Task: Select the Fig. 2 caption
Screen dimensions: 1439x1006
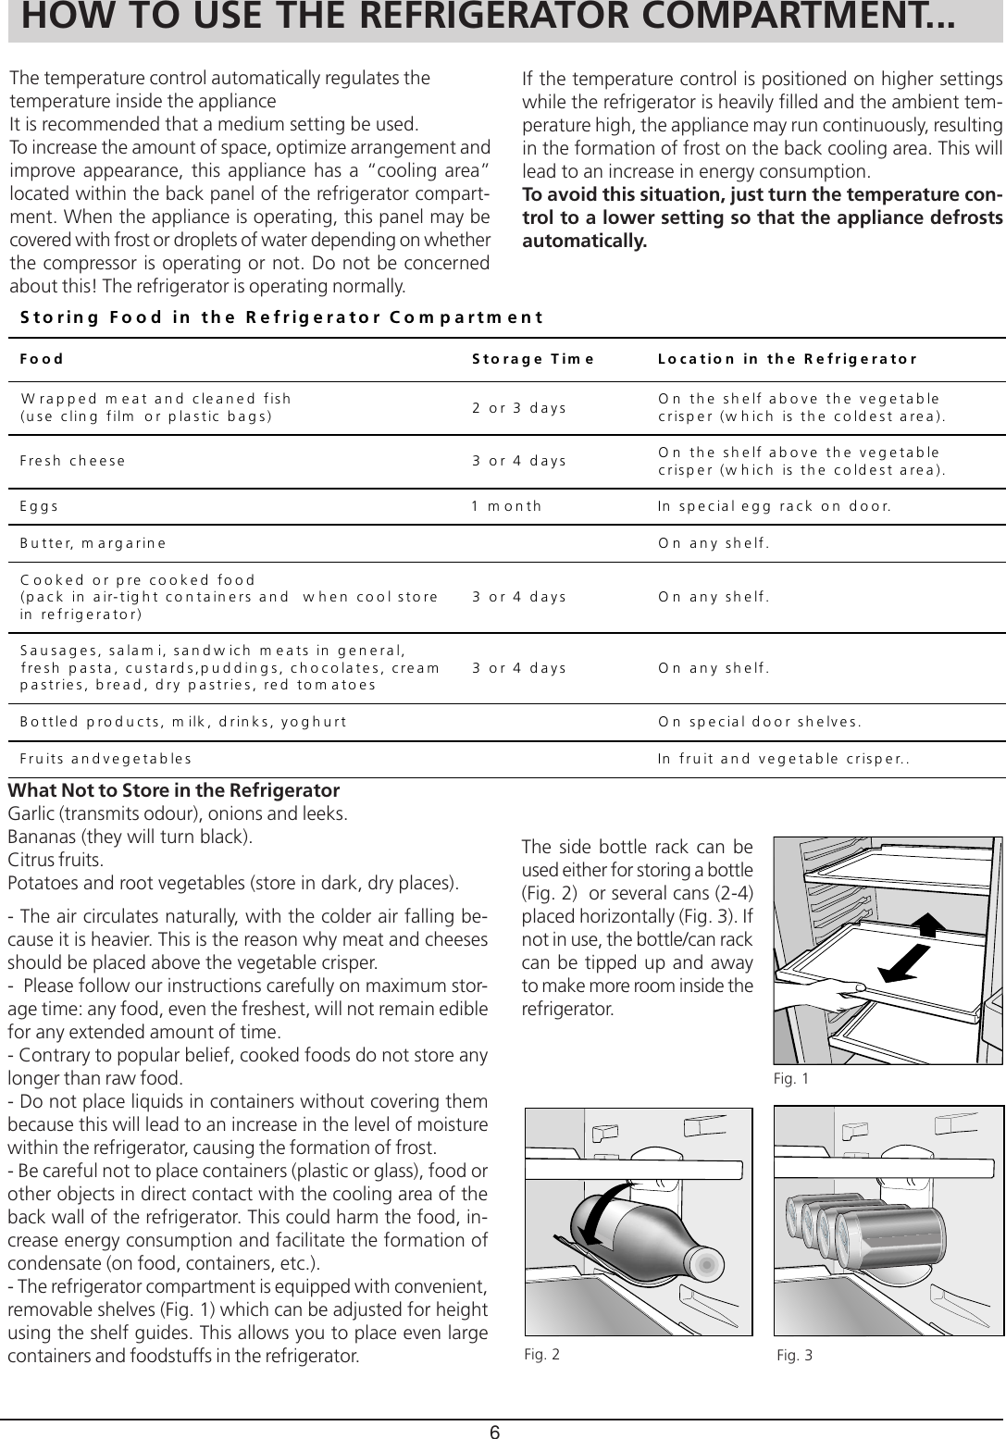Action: (x=541, y=1354)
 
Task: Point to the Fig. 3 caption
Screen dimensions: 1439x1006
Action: (x=795, y=1356)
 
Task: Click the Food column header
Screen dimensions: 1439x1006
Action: (x=43, y=359)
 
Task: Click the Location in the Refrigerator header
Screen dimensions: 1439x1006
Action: (x=787, y=359)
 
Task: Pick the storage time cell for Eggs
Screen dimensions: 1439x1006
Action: (x=506, y=506)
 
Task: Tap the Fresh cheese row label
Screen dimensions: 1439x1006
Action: (x=73, y=460)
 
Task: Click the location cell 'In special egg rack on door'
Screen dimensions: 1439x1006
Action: (x=774, y=506)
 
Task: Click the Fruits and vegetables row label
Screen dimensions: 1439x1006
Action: (x=106, y=758)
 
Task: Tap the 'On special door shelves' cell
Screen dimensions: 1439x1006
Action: (x=761, y=722)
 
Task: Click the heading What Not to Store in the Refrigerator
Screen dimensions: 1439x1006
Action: (x=174, y=792)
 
